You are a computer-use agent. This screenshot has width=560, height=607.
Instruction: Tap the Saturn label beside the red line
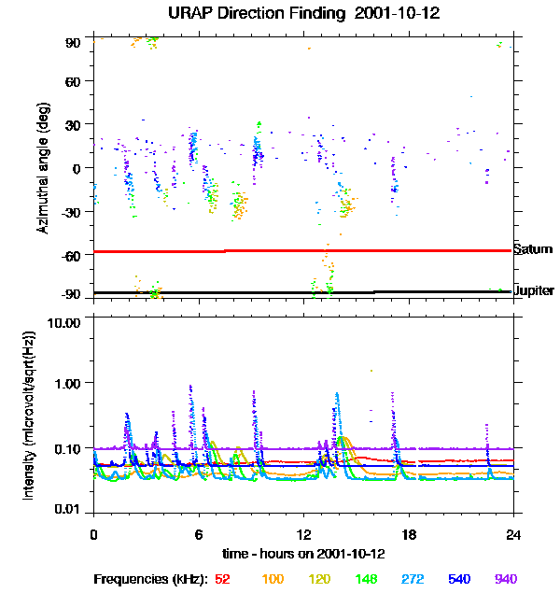[532, 249]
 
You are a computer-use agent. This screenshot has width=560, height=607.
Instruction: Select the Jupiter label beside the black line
[533, 291]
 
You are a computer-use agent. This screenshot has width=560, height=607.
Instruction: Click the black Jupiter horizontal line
[280, 292]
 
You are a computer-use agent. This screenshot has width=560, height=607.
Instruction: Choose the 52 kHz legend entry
[222, 579]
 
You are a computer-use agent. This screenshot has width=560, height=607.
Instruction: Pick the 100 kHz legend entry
[273, 579]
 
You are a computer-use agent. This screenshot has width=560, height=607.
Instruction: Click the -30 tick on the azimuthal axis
[73, 211]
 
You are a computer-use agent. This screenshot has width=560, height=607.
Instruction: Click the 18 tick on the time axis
[408, 534]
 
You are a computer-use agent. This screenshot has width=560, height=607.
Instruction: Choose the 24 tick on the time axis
[513, 534]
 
